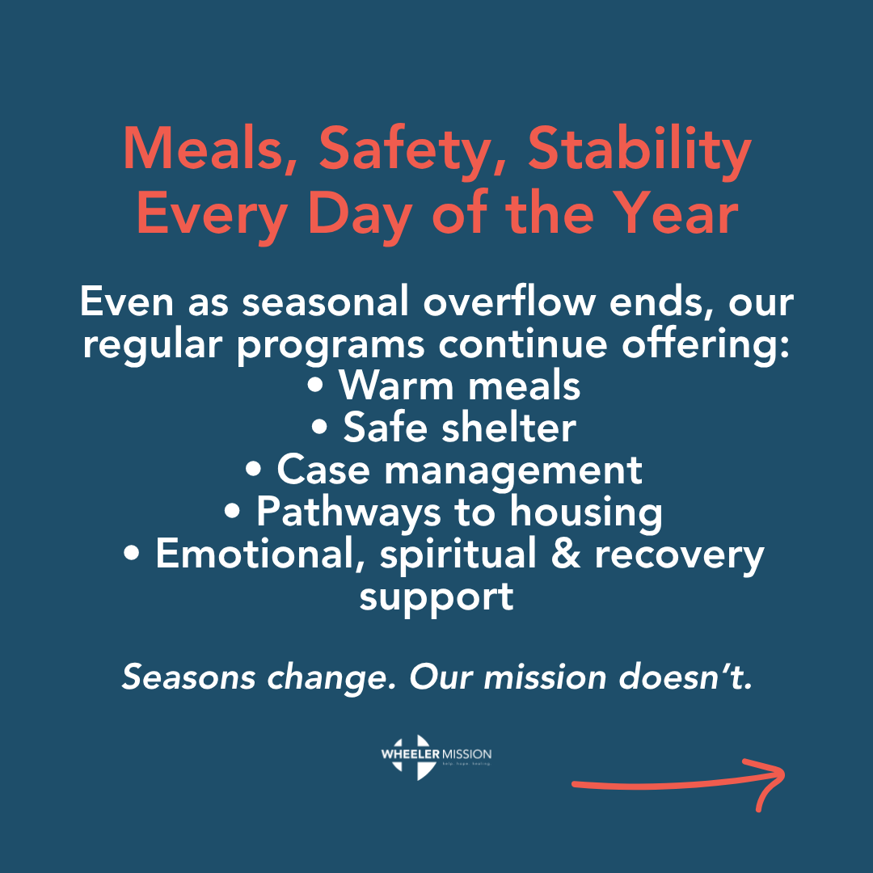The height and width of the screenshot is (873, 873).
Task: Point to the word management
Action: pos(513,470)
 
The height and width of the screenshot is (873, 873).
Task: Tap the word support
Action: pos(436,598)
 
